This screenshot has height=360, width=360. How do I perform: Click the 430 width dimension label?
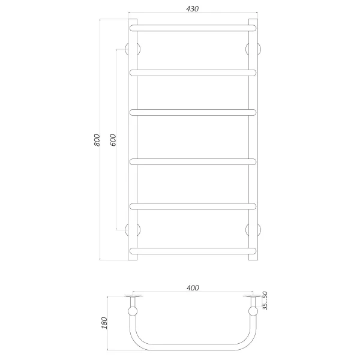coord(192,9)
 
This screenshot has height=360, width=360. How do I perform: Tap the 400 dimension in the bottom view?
coord(192,289)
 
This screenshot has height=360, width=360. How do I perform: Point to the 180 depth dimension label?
coord(105,323)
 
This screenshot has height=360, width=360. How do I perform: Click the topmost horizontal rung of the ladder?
coord(193,28)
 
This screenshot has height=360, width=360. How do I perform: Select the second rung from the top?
coord(193,73)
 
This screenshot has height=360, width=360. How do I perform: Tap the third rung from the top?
coord(193,112)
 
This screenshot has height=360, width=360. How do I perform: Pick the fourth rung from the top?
coord(193,161)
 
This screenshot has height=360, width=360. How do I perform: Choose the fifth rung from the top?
coord(193,206)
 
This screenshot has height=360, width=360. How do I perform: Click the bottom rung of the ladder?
coord(193,250)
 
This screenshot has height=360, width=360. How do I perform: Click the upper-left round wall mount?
coord(131,49)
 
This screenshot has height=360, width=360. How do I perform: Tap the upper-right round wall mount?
coord(254,49)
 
